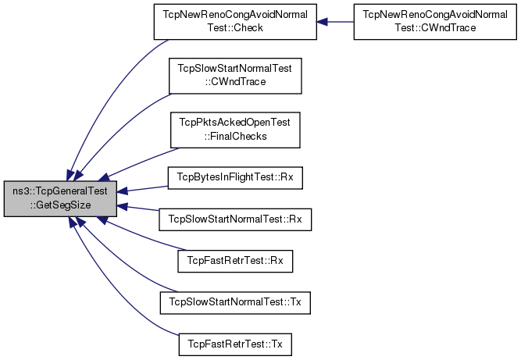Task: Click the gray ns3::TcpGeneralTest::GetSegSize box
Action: click(x=60, y=198)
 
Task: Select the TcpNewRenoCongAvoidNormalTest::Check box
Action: click(x=235, y=22)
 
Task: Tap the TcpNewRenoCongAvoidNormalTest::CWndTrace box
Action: click(x=435, y=22)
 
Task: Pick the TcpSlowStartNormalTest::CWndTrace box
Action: click(x=235, y=76)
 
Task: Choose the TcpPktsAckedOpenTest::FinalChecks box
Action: click(x=235, y=130)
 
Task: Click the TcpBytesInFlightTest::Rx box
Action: click(x=235, y=178)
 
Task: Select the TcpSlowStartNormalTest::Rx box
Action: click(x=235, y=219)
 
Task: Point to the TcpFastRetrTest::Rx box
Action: click(x=235, y=262)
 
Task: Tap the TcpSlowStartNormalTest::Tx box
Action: click(x=235, y=302)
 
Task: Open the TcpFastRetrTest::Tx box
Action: click(x=235, y=344)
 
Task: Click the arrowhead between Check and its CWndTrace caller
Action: click(x=323, y=22)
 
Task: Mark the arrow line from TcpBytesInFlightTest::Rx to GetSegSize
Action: click(x=142, y=189)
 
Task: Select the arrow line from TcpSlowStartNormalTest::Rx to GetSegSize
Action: click(x=137, y=208)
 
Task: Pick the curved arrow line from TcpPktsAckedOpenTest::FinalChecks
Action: click(x=140, y=162)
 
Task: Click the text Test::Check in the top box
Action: click(x=235, y=28)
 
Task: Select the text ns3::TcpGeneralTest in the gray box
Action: click(x=60, y=191)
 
